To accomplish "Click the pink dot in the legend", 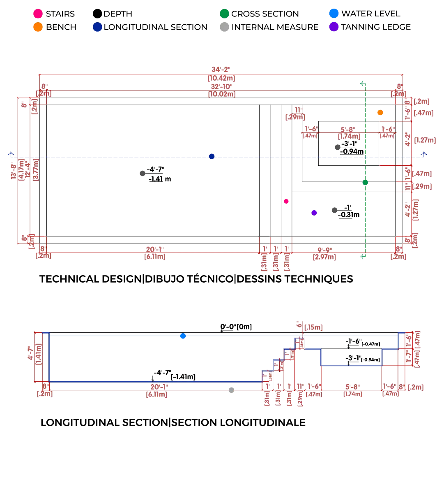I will [x=38, y=14].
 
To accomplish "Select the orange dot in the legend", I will [x=38, y=28].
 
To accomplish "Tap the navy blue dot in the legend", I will [x=97, y=28].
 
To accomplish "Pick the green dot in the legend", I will [x=224, y=14].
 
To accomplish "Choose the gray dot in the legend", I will [x=224, y=28].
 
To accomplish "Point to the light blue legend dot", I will [x=334, y=14].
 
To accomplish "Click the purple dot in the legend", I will [x=334, y=28].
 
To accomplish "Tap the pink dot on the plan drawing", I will [x=286, y=201].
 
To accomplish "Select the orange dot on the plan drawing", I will [x=380, y=112].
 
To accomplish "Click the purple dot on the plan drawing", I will [x=314, y=213].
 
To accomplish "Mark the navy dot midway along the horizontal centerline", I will [x=212, y=156].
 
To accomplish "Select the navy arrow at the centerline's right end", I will [x=424, y=155].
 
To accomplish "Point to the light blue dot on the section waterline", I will [x=183, y=336].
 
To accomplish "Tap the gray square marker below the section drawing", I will [x=232, y=390].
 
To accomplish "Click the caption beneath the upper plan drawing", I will [x=196, y=278].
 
